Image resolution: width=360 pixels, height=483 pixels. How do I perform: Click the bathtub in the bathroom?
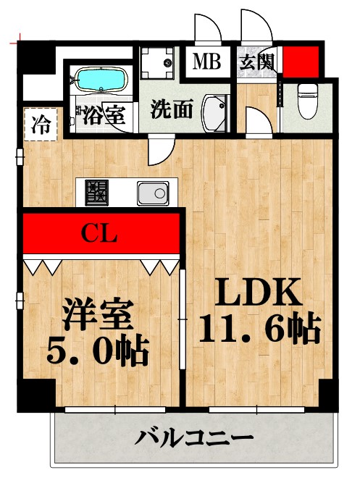point(101,79)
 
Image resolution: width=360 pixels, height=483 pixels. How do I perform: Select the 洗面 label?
point(172,110)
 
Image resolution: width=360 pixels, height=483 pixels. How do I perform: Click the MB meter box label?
point(206,61)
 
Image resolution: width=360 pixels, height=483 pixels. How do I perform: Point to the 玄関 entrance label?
point(257,62)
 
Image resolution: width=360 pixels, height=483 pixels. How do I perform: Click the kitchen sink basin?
point(153,193)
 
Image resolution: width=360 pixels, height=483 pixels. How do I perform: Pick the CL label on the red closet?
point(99,233)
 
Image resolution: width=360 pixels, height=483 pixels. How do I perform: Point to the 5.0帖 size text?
point(97,353)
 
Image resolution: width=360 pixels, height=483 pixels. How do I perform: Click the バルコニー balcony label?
point(194,439)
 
